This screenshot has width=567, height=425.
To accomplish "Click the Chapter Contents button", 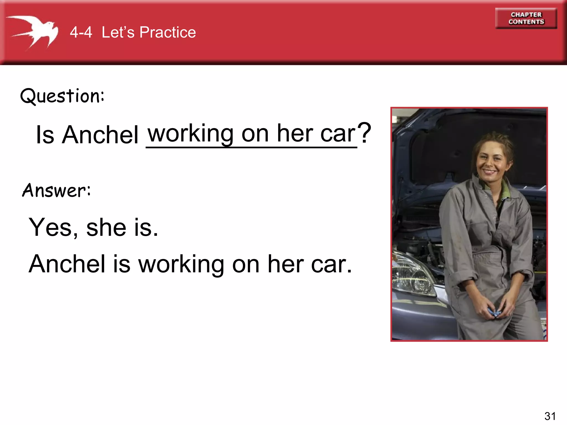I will coord(526,18).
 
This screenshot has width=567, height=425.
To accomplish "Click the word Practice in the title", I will coord(167,32).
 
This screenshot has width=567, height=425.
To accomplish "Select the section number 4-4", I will coord(81,32).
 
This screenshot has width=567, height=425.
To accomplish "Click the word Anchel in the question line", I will coord(100,135).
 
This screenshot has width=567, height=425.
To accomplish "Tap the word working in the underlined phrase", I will coord(191,133).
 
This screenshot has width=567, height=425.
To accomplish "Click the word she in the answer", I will coord(106,227).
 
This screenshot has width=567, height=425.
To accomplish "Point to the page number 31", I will coord(550,416).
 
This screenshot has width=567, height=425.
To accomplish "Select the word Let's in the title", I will coord(118,32).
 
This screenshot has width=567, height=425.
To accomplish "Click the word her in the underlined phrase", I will coord(295,133).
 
